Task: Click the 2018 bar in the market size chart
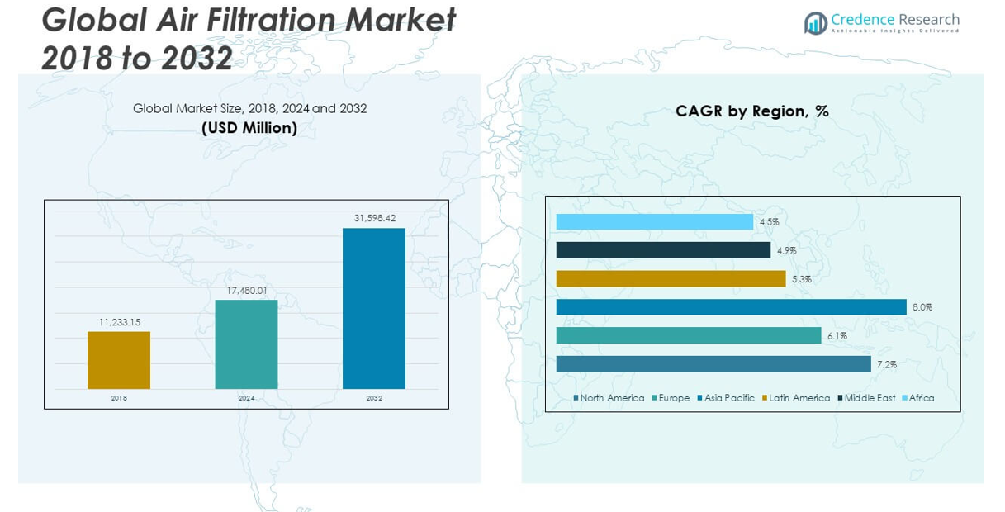coord(119,360)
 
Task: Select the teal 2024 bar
coord(246,344)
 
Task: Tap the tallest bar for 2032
coord(374,308)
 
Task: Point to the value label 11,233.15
coord(120,322)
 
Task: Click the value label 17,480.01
coord(247,290)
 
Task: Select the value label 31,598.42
coord(375,218)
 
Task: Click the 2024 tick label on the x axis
coord(247,398)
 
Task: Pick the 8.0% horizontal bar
coord(731,307)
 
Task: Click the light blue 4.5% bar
coord(654,222)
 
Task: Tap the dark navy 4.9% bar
coord(663,250)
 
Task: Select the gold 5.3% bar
coord(671,279)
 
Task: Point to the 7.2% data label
coord(886,364)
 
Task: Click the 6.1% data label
coord(837,336)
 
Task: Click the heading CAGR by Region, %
coord(751,111)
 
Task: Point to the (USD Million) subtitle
coord(249,128)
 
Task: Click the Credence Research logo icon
coord(815,23)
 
